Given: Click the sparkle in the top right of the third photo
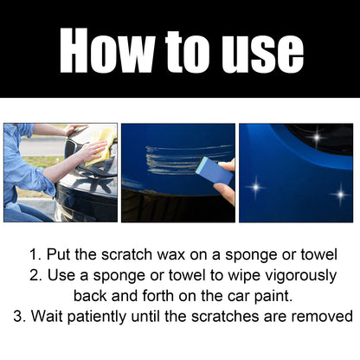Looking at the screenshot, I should coord(318,137).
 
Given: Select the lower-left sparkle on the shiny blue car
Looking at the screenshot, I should coord(257,185).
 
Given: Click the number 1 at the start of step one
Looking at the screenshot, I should coord(34,256).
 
